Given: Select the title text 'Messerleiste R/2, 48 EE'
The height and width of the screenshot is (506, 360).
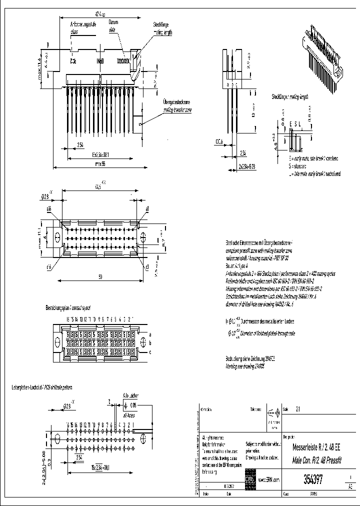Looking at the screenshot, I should point(317,447).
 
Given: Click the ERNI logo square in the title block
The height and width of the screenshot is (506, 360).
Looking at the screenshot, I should point(248,479).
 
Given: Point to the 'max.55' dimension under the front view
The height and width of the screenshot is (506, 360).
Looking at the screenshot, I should point(100,163).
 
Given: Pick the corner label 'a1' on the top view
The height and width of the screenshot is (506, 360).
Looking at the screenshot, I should point(147,208).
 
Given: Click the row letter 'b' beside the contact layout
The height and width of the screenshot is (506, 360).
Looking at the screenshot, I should point(149,343).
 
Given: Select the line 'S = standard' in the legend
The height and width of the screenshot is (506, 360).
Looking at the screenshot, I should point(296,165).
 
